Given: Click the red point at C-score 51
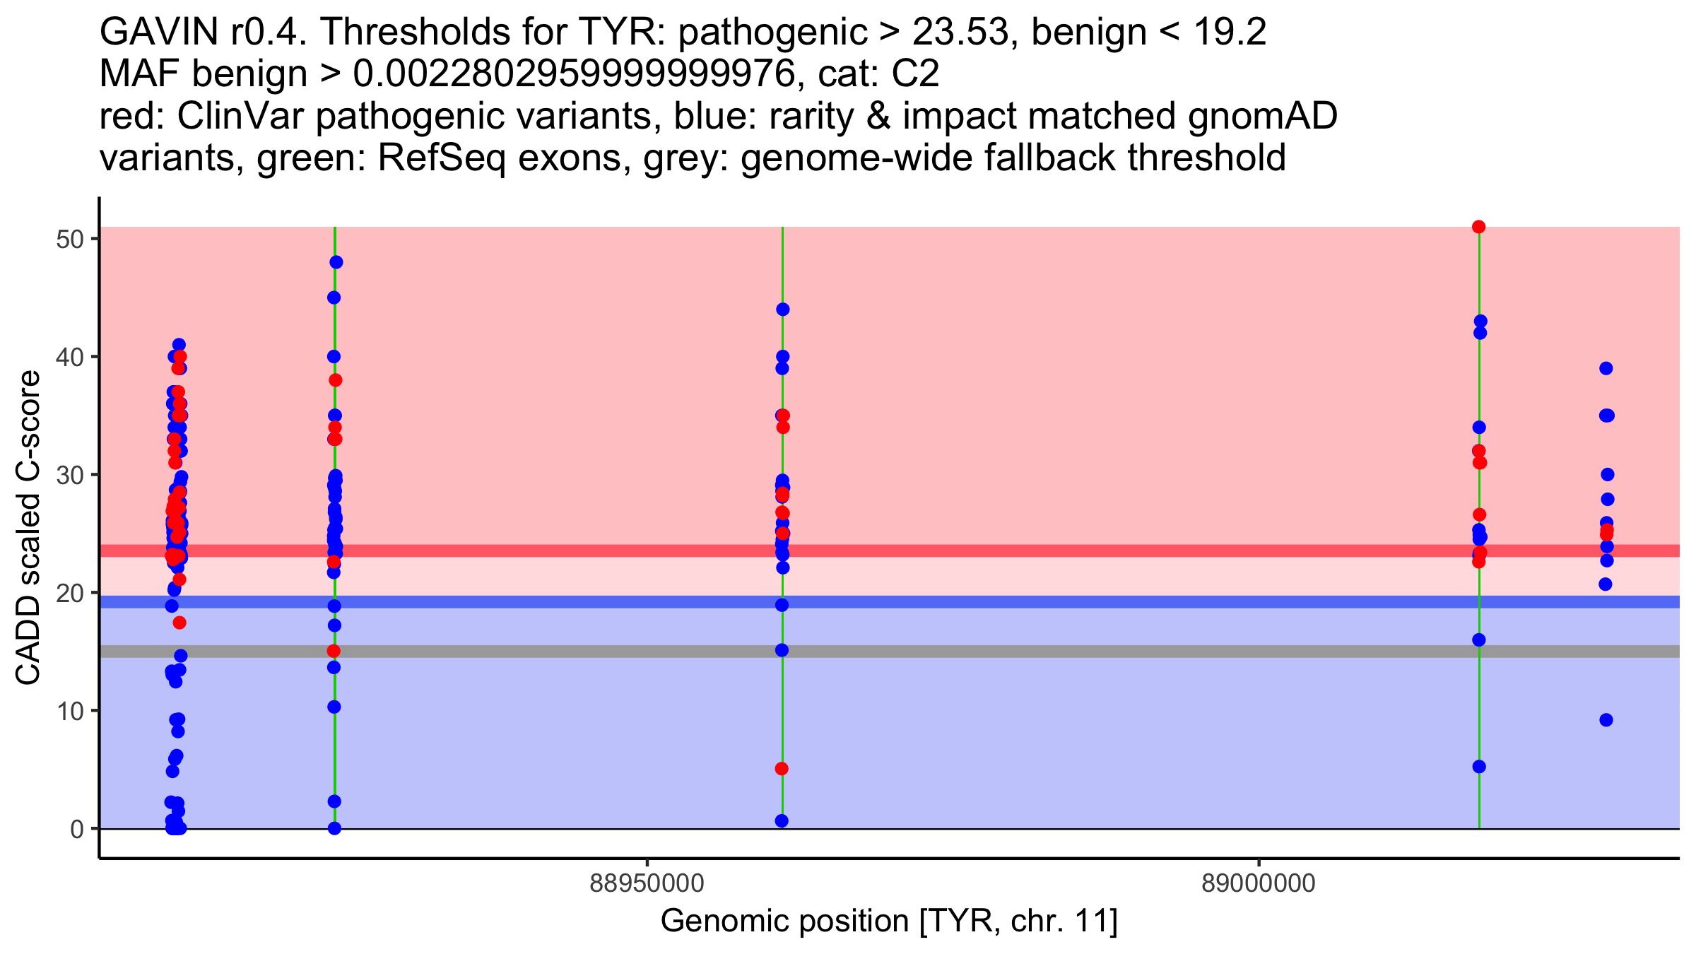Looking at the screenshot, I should pos(1478,227).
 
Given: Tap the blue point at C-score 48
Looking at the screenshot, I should pos(336,262).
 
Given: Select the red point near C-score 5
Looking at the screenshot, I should pos(782,769).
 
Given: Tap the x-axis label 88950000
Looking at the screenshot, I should pos(647,883).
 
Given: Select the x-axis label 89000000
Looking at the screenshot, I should pos(1259,883).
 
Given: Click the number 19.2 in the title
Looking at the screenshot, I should pos(1230,32).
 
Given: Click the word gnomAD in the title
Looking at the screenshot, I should pos(1262,116).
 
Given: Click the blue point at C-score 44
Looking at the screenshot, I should pos(782,310).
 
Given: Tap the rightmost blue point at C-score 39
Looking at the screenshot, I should pos(1606,368).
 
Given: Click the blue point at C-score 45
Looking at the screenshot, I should pos(334,298).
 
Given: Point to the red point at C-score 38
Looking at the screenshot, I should pos(336,380).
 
